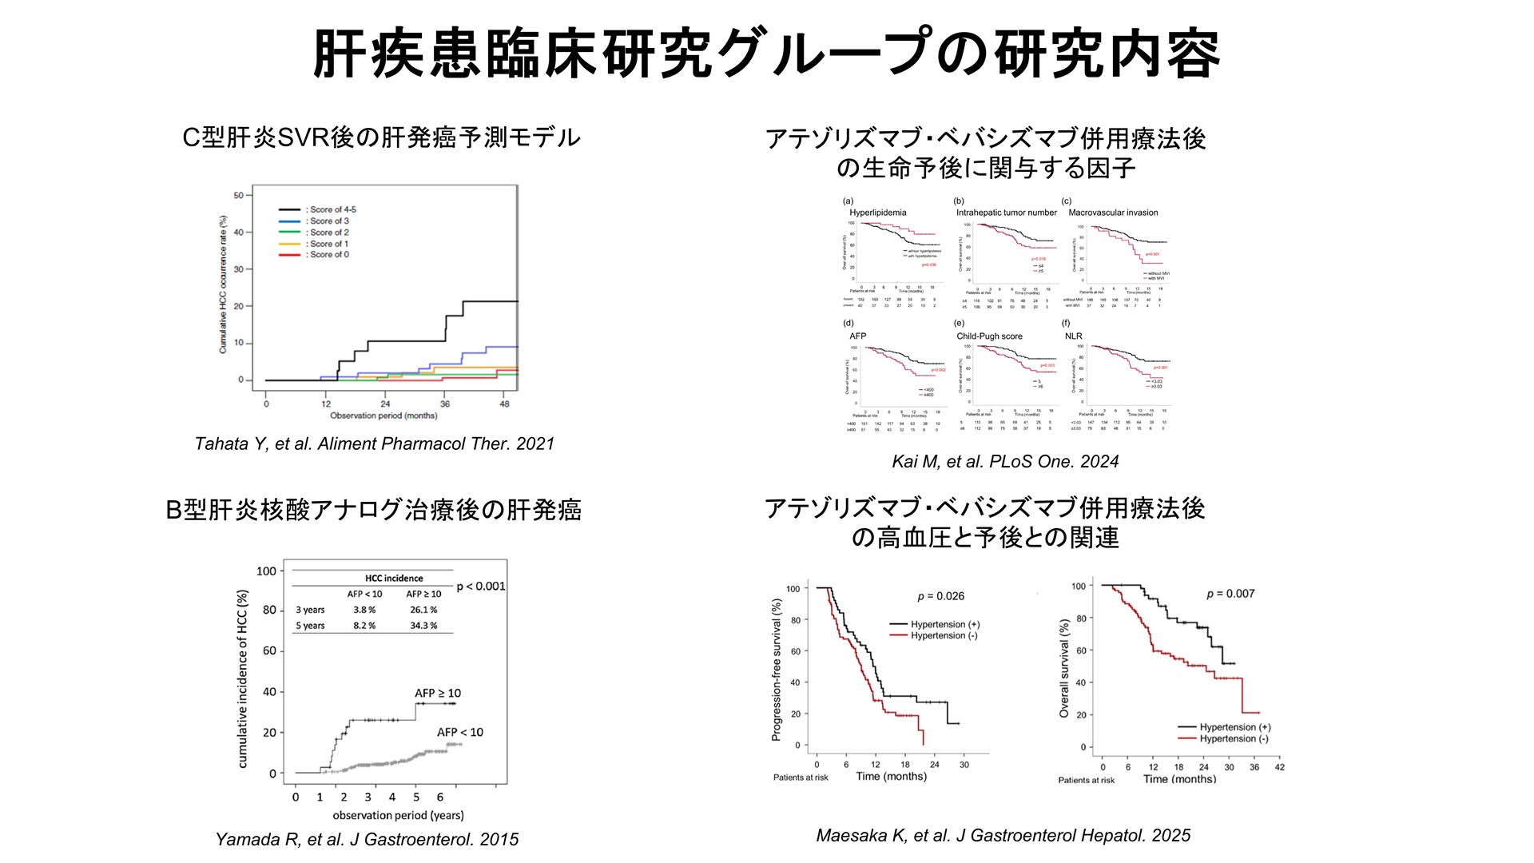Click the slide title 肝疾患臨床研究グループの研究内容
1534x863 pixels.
click(x=765, y=54)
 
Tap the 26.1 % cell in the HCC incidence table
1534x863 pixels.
click(x=423, y=610)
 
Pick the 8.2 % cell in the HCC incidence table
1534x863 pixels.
click(x=364, y=626)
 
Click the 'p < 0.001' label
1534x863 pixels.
click(x=481, y=587)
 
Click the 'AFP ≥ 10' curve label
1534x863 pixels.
click(x=438, y=693)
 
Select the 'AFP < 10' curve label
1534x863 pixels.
click(x=459, y=732)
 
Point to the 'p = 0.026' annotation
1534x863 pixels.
click(x=940, y=596)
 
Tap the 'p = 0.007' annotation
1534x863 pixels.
click(x=1230, y=594)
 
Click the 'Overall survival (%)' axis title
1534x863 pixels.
click(x=1063, y=668)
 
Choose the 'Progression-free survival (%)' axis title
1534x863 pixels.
click(x=776, y=670)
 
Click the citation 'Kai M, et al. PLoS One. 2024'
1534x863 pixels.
click(x=1005, y=462)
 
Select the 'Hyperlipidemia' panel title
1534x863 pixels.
click(x=877, y=213)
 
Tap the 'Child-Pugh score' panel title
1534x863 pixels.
click(x=989, y=336)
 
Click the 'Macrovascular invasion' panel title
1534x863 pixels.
click(x=1113, y=213)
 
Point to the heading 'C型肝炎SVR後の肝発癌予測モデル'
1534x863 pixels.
click(x=381, y=137)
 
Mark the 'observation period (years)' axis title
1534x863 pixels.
click(x=398, y=815)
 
